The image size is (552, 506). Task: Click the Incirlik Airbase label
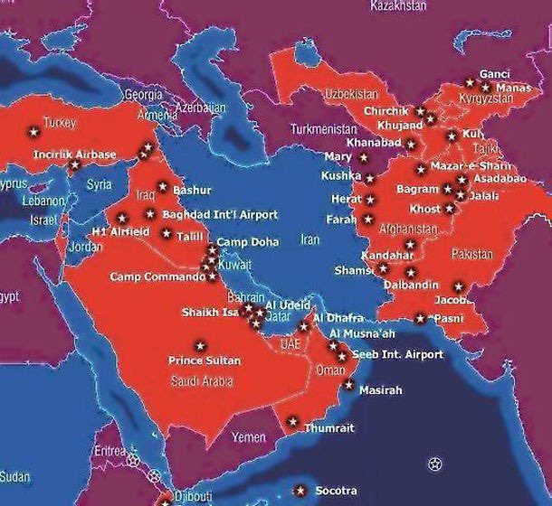(x=75, y=155)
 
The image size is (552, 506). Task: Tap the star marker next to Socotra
(x=300, y=491)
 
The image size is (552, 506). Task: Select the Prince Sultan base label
(x=205, y=361)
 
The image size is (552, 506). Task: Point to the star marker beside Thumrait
(x=292, y=421)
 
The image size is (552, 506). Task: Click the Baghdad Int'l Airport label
(x=220, y=214)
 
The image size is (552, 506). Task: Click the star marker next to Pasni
(x=420, y=318)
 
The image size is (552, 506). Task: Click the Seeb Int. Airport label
(x=397, y=354)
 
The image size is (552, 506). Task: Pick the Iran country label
(x=310, y=240)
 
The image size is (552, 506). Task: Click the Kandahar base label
(x=386, y=256)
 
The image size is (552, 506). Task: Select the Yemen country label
(x=249, y=437)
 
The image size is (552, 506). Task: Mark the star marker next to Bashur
(x=163, y=187)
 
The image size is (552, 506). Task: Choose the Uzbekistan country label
(x=351, y=93)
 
